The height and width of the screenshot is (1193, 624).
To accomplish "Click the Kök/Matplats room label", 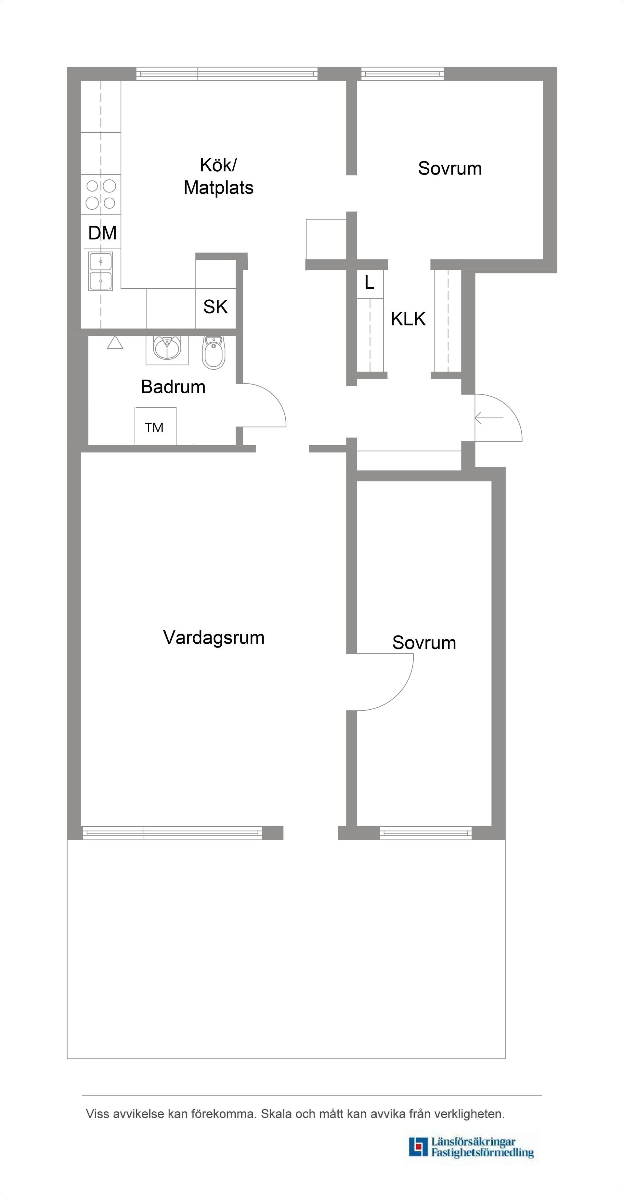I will click(218, 177).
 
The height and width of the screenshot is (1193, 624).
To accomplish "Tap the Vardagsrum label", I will click(214, 638).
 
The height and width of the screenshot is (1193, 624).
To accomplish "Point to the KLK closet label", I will click(408, 319).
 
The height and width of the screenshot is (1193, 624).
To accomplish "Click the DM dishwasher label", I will click(102, 233).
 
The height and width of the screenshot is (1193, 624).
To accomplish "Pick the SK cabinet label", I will click(215, 307).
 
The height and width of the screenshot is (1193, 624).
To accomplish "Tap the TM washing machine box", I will click(155, 426).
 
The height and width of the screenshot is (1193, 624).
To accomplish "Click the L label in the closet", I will click(370, 282).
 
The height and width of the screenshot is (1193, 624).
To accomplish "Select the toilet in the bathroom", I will click(214, 353).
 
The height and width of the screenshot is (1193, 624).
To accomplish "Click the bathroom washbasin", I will click(167, 348).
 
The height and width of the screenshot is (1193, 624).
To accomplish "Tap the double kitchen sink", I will click(100, 271).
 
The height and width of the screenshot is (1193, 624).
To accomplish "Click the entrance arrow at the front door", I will click(488, 418).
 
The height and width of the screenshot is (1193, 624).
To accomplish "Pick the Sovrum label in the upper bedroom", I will click(449, 169).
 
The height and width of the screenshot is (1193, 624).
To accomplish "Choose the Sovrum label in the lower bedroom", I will click(423, 643).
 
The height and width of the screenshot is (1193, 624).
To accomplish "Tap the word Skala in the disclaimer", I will click(276, 1114).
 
